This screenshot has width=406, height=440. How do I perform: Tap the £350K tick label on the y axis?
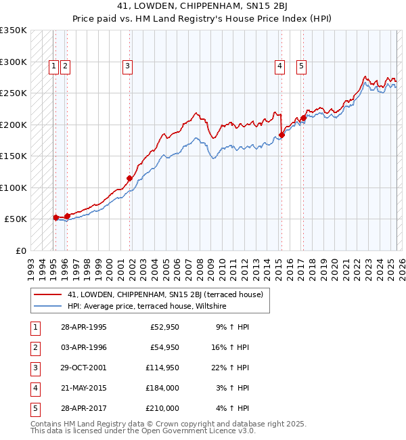pyautogui.click(x=14, y=30)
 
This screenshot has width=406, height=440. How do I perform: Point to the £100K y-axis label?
pyautogui.click(x=14, y=188)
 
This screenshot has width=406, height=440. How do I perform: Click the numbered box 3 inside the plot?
pyautogui.click(x=127, y=66)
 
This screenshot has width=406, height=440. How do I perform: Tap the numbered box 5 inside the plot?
pyautogui.click(x=300, y=66)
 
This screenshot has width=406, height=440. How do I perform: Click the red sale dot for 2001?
pyautogui.click(x=130, y=179)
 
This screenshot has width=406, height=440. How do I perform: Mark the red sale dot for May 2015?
pyautogui.click(x=281, y=135)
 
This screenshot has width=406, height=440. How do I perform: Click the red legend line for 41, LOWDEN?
pyautogui.click(x=46, y=294)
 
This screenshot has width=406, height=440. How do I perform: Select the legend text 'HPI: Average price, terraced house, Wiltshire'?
pyautogui.click(x=146, y=307)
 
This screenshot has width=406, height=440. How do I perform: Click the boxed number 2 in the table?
pyautogui.click(x=34, y=347)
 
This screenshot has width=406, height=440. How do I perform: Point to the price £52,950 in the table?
pyautogui.click(x=164, y=327)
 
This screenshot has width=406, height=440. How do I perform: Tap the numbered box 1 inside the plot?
pyautogui.click(x=53, y=66)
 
